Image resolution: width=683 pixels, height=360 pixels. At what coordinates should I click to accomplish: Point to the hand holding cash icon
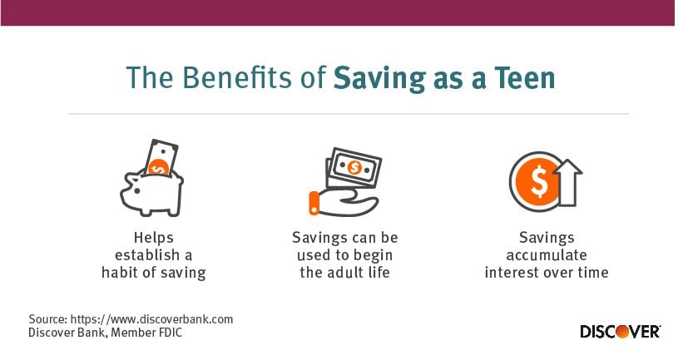tap(344, 183)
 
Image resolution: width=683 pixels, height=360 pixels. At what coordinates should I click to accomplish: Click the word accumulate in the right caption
tap(546, 254)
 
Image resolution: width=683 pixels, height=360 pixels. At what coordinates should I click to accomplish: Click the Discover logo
tap(620, 331)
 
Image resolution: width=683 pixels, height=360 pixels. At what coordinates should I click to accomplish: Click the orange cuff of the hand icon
tap(314, 201)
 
